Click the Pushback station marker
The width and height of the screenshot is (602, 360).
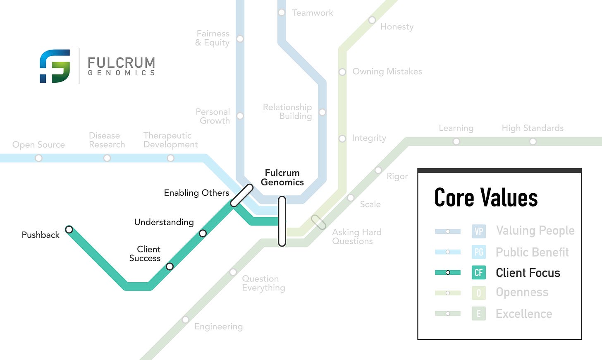pyautogui.click(x=69, y=229)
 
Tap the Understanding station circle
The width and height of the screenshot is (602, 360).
pyautogui.click(x=203, y=233)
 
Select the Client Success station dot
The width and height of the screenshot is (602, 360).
pyautogui.click(x=170, y=266)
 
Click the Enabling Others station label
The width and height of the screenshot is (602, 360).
pyautogui.click(x=196, y=193)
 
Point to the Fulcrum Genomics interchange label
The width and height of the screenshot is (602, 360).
pyautogui.click(x=282, y=178)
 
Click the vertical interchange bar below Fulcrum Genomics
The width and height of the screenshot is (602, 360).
pyautogui.click(x=282, y=221)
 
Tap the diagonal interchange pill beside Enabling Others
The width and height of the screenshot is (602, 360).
pyautogui.click(x=242, y=195)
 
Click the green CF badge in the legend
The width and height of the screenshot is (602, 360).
pyautogui.click(x=479, y=273)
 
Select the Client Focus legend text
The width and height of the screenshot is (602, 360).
pyautogui.click(x=528, y=273)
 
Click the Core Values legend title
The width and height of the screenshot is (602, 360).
pyautogui.click(x=486, y=197)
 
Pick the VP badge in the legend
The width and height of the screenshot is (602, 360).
pyautogui.click(x=479, y=231)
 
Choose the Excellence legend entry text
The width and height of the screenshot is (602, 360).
pyautogui.click(x=524, y=314)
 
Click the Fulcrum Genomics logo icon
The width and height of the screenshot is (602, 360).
pyautogui.click(x=55, y=66)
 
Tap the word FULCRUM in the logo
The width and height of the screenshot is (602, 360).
pyautogui.click(x=122, y=63)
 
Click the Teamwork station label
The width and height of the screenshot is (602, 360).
pyautogui.click(x=313, y=13)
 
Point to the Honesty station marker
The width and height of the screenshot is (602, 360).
pyautogui.click(x=372, y=20)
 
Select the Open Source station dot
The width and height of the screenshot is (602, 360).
pyautogui.click(x=38, y=158)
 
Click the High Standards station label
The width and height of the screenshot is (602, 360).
pyautogui.click(x=533, y=128)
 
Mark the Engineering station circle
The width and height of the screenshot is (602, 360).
pyautogui.click(x=186, y=320)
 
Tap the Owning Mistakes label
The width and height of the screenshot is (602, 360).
pyautogui.click(x=387, y=72)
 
